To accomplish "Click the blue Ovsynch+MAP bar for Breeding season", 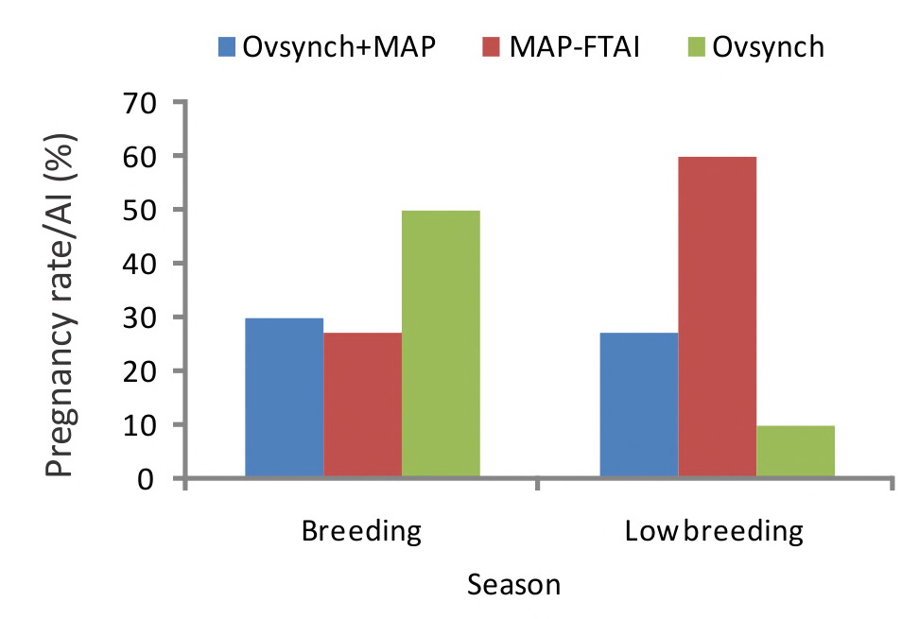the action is (x=285, y=397).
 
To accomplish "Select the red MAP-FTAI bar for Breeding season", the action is (x=363, y=404).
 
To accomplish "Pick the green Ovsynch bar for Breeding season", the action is (x=441, y=343).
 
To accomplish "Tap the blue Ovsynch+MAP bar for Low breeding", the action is (x=639, y=404).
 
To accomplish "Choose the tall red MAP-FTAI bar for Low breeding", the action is (x=718, y=317).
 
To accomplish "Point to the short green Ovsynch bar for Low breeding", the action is (x=795, y=451).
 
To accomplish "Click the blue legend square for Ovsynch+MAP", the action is (x=227, y=47).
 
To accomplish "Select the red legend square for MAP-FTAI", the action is (x=491, y=47).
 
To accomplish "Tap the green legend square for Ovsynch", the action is (x=696, y=47).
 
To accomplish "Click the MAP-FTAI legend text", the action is (x=575, y=47).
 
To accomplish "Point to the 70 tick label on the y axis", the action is (x=140, y=104).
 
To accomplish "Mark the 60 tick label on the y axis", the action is (x=140, y=157).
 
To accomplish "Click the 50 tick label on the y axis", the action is (x=140, y=211).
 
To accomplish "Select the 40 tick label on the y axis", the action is (x=140, y=264).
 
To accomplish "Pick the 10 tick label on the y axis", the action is (x=140, y=425).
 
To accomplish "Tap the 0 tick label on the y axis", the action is (x=147, y=479).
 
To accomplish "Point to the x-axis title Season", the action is (x=514, y=585).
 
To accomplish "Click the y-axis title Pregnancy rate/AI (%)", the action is (x=61, y=304).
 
